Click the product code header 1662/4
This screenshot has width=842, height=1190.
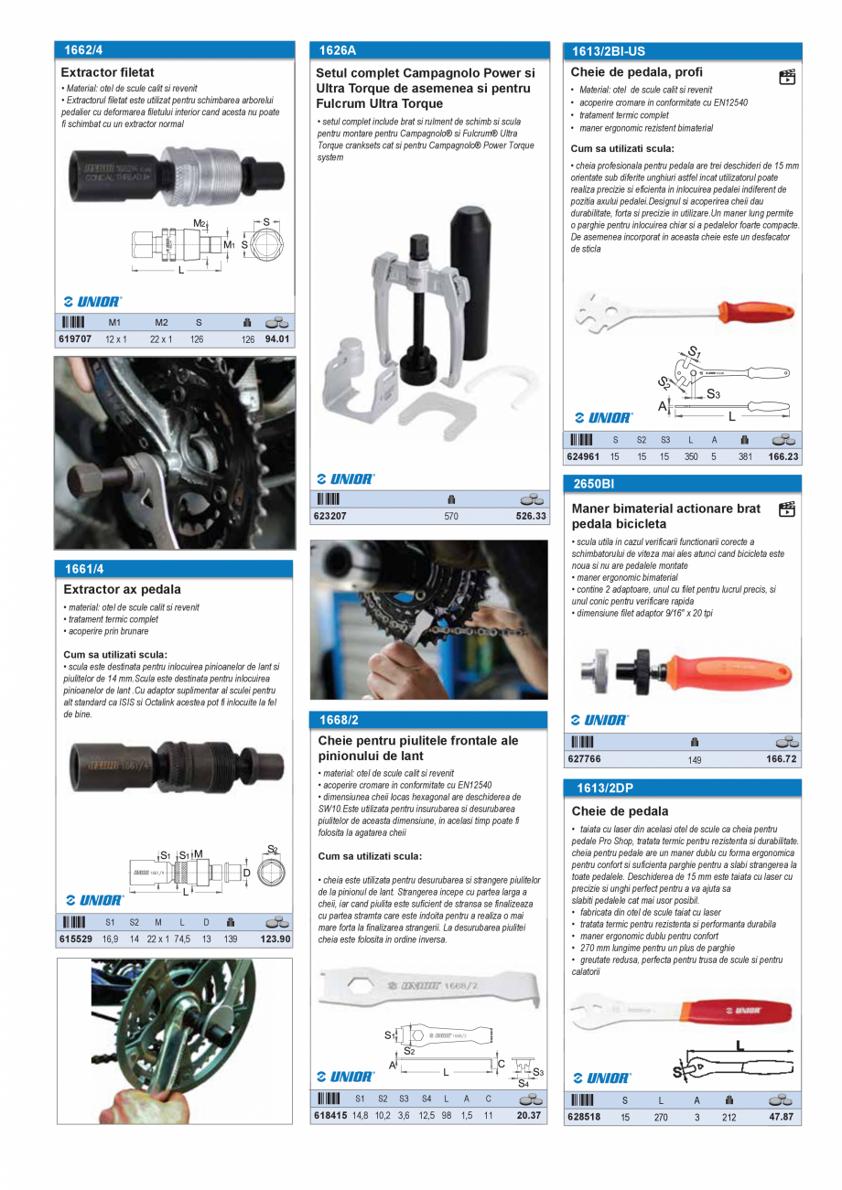coord(83,50)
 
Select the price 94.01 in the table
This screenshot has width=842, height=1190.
coord(277,338)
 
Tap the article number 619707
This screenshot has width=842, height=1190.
coord(74,338)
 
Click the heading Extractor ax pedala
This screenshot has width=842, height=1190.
coord(122,590)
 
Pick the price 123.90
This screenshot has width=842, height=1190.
coord(275,938)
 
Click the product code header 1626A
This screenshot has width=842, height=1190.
coord(338,51)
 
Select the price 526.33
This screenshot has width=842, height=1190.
coord(530,516)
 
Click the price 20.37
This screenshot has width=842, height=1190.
coord(529,1115)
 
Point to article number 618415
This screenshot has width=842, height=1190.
coord(329,1115)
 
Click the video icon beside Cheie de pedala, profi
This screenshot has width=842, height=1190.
coord(786,77)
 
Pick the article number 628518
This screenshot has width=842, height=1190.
coord(584,1117)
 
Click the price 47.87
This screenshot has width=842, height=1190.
coord(781,1117)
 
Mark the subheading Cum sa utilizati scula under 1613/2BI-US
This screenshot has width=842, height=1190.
coord(622,148)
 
